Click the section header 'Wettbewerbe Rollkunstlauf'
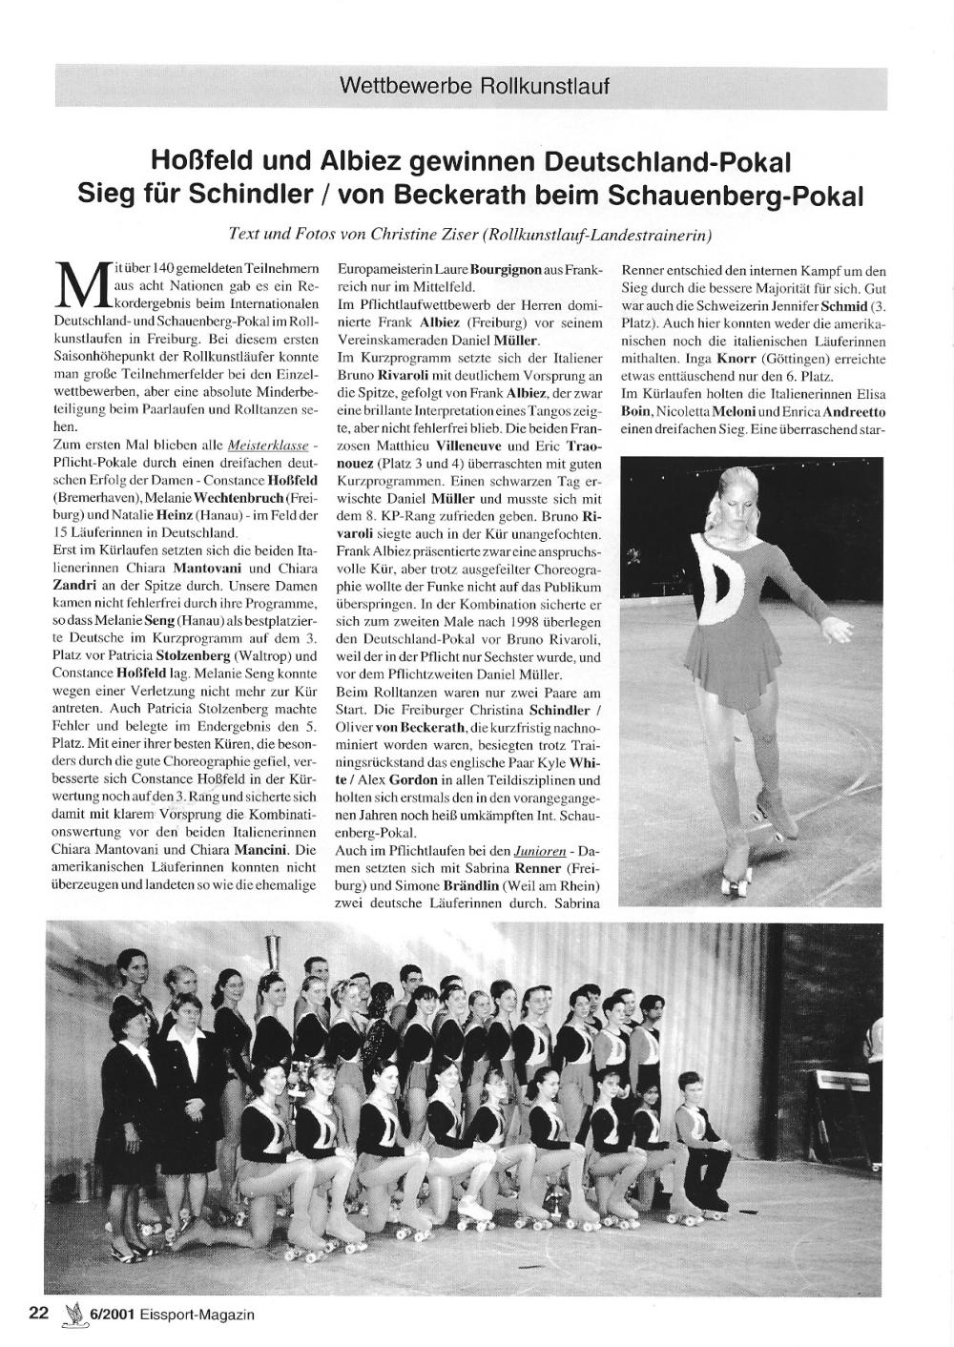(x=473, y=86)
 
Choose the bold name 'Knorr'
(x=724, y=358)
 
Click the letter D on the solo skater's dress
(x=725, y=580)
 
